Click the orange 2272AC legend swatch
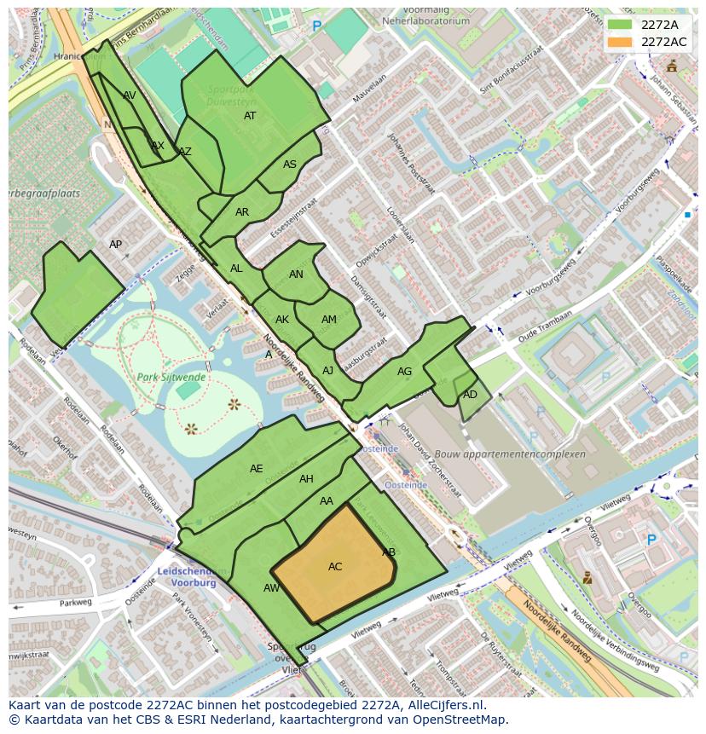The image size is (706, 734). click(x=621, y=42)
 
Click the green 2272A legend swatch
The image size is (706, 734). click(x=621, y=25)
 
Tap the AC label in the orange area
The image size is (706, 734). click(x=335, y=567)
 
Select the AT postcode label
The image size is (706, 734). click(x=250, y=116)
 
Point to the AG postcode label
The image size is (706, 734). click(x=404, y=372)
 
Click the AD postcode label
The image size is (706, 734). click(x=470, y=395)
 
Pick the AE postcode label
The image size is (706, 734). click(x=257, y=469)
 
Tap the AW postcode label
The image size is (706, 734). click(x=271, y=588)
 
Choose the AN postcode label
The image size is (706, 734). click(x=296, y=275)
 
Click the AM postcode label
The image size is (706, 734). click(x=329, y=320)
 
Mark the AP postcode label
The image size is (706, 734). click(x=116, y=245)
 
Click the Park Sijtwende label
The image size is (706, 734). click(x=171, y=377)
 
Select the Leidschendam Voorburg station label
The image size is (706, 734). click(x=188, y=577)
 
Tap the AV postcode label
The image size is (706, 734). click(x=130, y=95)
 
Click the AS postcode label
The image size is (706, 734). click(x=290, y=165)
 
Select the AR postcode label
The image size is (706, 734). click(x=242, y=212)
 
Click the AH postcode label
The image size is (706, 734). click(x=306, y=479)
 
